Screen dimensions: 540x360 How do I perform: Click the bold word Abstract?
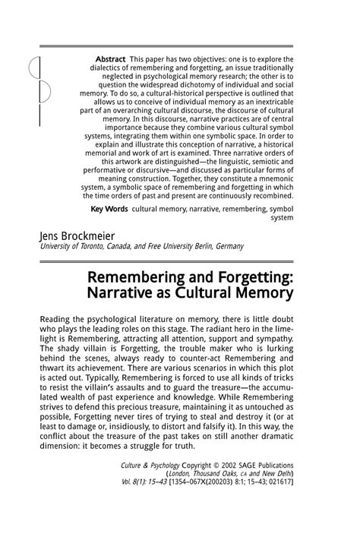(x=110, y=58)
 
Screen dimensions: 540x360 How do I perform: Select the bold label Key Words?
(x=109, y=207)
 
